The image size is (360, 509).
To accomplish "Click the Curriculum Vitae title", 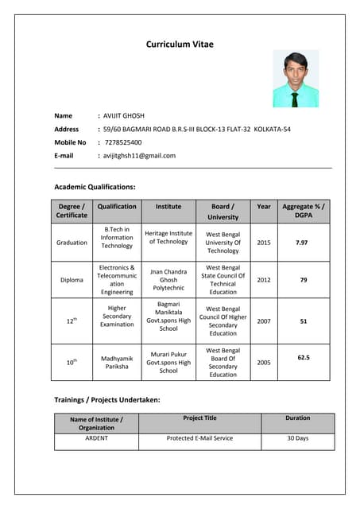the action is coord(180,45).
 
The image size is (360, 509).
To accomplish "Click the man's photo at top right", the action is coord(295,79).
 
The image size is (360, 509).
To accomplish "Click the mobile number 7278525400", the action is coord(123,142).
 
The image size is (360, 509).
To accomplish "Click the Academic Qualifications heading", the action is coord(95,187).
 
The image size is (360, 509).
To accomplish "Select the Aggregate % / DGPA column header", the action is coord(303,211).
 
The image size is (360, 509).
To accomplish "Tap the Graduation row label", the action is coord(72,242).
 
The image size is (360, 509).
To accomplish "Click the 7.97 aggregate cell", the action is coord(302,242).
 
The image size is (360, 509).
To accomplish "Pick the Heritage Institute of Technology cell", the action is coord(168,237).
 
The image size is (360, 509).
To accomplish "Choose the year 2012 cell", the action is coord(264,280).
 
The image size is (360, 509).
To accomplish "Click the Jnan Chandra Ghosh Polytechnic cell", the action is coord(168,280).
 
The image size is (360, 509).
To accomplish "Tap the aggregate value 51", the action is coord(303,321).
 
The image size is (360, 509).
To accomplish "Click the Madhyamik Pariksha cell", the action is coord(117,363).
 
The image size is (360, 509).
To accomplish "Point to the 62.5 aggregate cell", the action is coord(303,358).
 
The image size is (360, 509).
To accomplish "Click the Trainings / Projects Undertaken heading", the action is coord(106,399).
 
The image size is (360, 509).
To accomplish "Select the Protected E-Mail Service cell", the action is coord(199,438).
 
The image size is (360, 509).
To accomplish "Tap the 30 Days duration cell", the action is coord(297,438).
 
